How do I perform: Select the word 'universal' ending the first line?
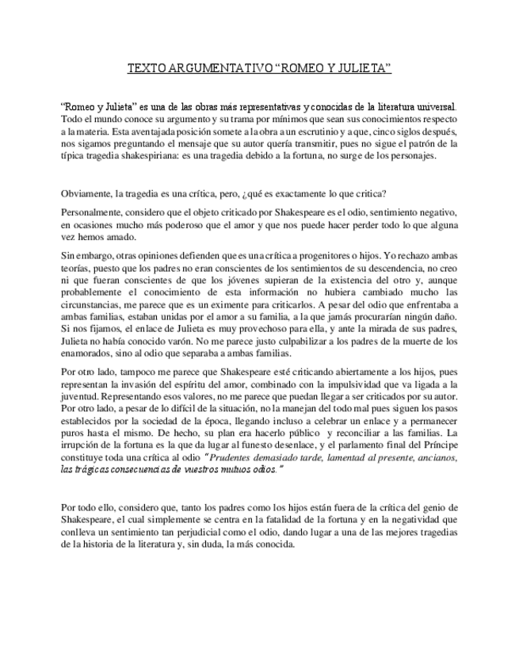click(x=433, y=107)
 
